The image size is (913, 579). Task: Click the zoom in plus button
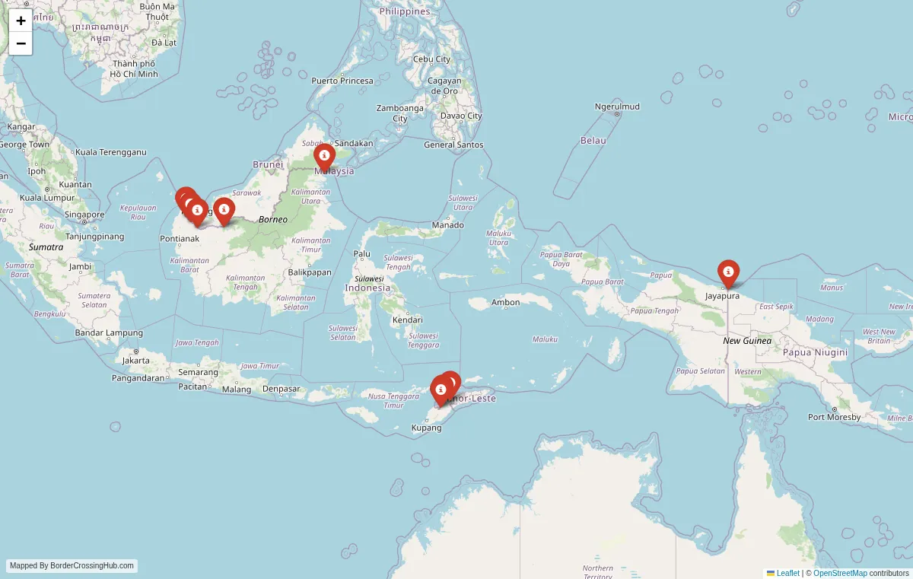pos(21,21)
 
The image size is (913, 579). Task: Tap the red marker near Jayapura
pos(728,272)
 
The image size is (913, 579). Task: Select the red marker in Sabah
pos(324,157)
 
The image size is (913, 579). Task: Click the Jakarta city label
pos(136,360)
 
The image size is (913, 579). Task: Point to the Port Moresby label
pos(834,417)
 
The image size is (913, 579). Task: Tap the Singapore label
pos(84,215)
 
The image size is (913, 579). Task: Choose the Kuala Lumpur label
pos(47,198)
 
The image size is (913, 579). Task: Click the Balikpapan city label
pos(310,272)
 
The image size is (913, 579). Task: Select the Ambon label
pos(506,303)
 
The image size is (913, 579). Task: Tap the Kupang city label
pos(426,428)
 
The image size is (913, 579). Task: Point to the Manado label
pos(447,225)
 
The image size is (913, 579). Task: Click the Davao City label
pos(461,116)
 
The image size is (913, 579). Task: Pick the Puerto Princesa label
pos(342,81)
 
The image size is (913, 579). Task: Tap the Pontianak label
pos(180,239)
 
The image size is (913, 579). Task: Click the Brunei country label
pos(268,164)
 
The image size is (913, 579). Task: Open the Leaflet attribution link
pos(787,573)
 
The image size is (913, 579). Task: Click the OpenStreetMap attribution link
pos(840,573)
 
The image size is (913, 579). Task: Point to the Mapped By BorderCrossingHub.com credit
pos(72,566)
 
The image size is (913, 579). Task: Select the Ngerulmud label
pos(617,107)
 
